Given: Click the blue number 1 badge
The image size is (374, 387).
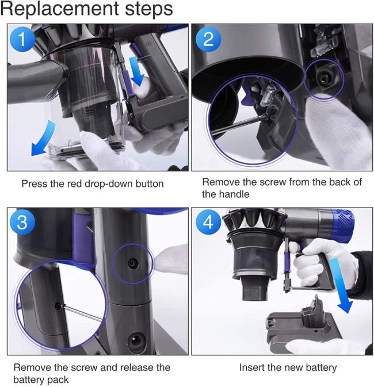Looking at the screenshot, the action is (x=22, y=39).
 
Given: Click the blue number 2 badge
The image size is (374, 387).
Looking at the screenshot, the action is (x=208, y=39).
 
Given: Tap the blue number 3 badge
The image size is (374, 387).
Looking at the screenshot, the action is (x=22, y=222).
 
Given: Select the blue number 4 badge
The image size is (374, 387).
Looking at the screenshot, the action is (x=208, y=222).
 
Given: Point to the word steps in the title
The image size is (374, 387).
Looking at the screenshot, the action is (x=148, y=9).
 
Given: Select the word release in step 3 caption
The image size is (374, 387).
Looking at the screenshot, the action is (x=135, y=367).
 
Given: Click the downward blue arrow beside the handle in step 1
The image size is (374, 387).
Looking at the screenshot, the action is (x=136, y=71).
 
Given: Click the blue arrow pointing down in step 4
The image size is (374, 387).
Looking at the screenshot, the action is (x=342, y=286).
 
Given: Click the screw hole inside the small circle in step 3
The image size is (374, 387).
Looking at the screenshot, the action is (x=133, y=263).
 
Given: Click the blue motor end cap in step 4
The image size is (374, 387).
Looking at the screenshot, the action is (x=342, y=225).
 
